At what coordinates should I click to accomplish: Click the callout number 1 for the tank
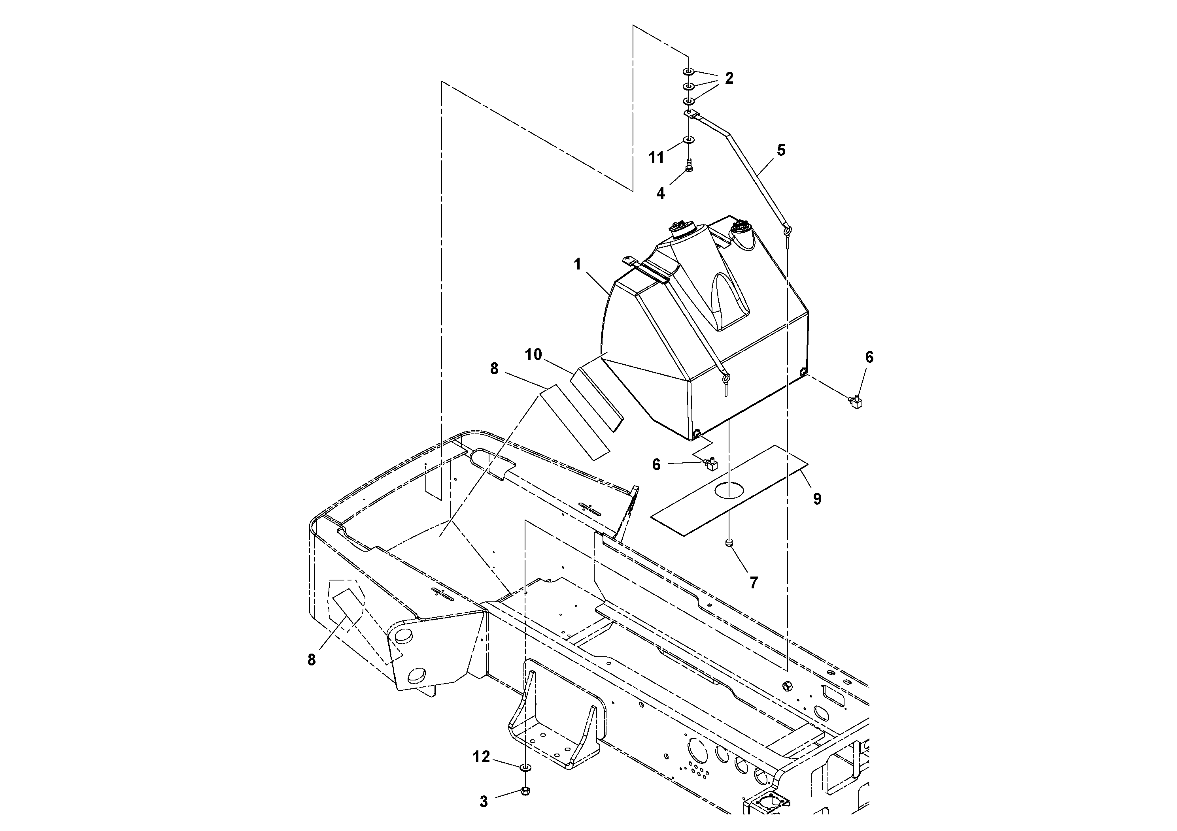pyautogui.click(x=578, y=264)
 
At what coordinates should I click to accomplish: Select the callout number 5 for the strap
pyautogui.click(x=781, y=150)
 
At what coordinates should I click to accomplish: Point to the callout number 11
pyautogui.click(x=657, y=158)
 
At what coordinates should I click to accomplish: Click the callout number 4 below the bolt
pyautogui.click(x=661, y=193)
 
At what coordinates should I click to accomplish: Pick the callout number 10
pyautogui.click(x=533, y=354)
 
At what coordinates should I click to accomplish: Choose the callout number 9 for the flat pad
pyautogui.click(x=817, y=499)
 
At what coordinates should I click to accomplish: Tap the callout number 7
pyautogui.click(x=754, y=582)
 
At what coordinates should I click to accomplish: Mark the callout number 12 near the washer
pyautogui.click(x=482, y=757)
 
